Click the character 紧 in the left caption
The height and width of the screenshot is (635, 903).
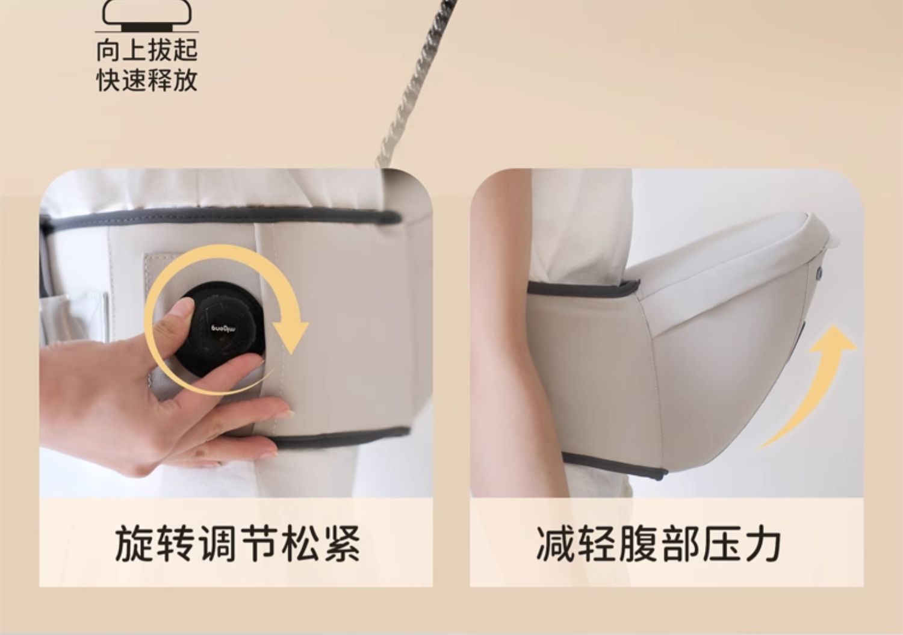[x=342, y=543]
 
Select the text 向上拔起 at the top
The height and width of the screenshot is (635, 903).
[x=147, y=50]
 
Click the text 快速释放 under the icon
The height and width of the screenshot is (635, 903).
[x=147, y=80]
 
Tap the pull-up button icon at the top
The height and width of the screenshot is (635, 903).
[x=147, y=15]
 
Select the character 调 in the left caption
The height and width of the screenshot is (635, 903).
[x=217, y=543]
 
